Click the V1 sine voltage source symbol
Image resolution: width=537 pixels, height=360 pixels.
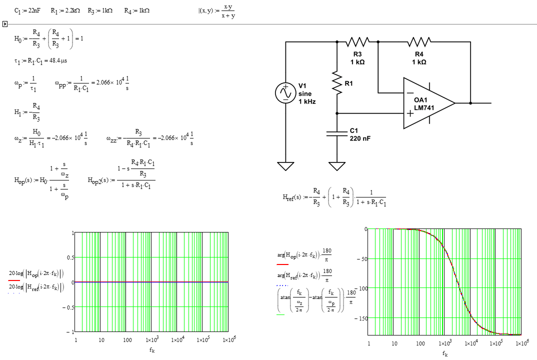[285, 93]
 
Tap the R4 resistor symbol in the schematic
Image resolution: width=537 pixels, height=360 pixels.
[419, 41]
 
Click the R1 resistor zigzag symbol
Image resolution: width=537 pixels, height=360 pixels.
[336, 82]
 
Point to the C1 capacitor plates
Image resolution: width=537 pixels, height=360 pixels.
[336, 133]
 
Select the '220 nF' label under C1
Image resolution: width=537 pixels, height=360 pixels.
[360, 138]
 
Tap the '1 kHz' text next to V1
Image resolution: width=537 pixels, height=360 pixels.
[307, 101]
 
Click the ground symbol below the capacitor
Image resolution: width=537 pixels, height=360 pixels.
[336, 165]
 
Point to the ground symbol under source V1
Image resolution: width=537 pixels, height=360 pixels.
[285, 165]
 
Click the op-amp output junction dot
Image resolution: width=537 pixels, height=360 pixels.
[470, 103]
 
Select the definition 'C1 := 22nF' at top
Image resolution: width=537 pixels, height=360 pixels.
[28, 10]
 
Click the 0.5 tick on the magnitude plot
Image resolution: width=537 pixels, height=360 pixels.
[70, 257]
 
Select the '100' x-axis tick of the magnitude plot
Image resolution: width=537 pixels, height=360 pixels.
[127, 340]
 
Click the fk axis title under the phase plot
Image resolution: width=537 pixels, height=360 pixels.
[445, 353]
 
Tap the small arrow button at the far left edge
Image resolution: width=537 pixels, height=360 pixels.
[4, 23]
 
